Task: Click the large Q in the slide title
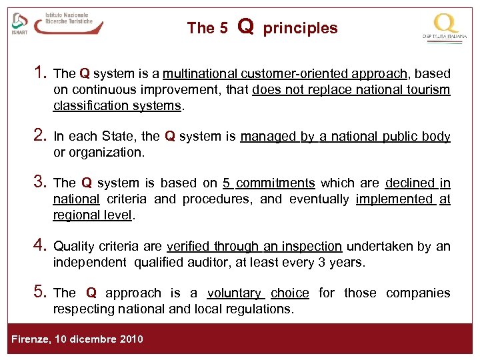coord(245,27)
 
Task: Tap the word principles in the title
coord(300,28)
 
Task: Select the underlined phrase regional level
coord(93,215)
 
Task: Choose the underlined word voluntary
coord(234,293)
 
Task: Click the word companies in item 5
coord(418,293)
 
